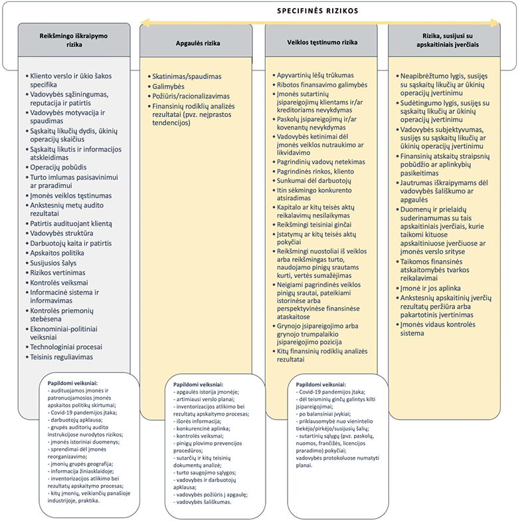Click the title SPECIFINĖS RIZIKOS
pyautogui.click(x=317, y=11)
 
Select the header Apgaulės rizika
pyautogui.click(x=198, y=43)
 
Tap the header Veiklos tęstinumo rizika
pyautogui.click(x=322, y=43)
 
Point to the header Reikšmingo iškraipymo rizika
pyautogui.click(x=74, y=40)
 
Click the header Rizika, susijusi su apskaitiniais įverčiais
pyautogui.click(x=447, y=40)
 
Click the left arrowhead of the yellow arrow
pyautogui.click(x=141, y=23)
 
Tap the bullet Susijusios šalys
pyautogui.click(x=53, y=263)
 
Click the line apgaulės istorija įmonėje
pyautogui.click(x=206, y=392)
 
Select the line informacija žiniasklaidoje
pyautogui.click(x=80, y=471)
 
